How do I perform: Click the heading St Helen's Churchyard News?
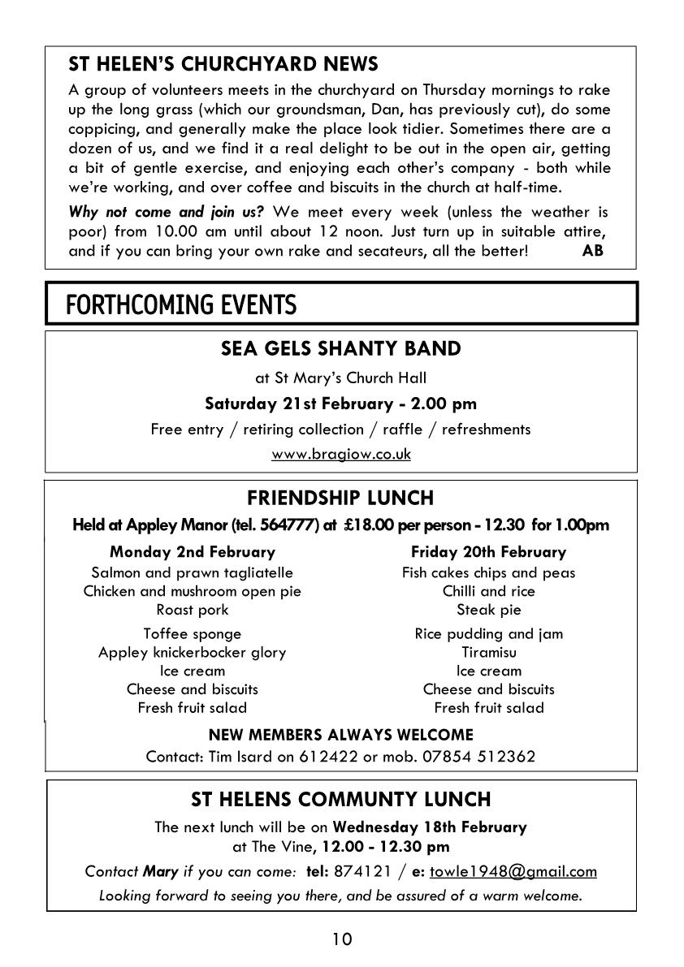[223, 63]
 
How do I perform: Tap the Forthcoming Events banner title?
[181, 305]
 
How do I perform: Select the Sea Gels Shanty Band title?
[341, 348]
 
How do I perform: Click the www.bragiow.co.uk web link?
[341, 454]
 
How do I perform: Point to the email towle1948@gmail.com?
[513, 871]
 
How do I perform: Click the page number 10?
[342, 939]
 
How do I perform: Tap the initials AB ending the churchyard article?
[593, 250]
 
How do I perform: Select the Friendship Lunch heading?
[340, 497]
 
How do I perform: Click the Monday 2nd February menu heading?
[193, 552]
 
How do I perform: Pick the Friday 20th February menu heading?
[488, 552]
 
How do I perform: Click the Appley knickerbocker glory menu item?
[193, 652]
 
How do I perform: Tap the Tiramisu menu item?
[488, 652]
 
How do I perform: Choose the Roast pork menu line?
[193, 609]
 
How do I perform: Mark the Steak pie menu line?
[488, 609]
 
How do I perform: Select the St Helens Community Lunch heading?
[341, 800]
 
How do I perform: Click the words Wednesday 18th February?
[430, 827]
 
